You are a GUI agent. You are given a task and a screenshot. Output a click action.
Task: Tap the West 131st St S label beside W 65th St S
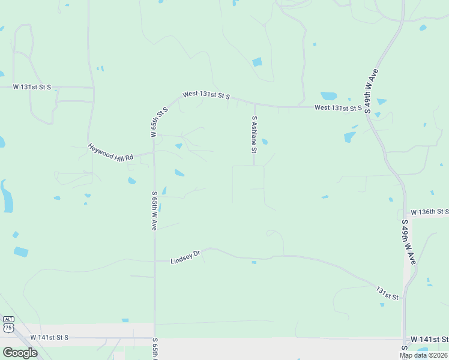(206, 95)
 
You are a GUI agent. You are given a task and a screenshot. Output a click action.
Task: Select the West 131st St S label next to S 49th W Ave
(338, 108)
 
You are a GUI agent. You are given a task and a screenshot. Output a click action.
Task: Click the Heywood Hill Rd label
(112, 152)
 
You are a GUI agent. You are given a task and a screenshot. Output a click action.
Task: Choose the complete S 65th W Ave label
(154, 211)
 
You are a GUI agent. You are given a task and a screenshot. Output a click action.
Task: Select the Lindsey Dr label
(185, 258)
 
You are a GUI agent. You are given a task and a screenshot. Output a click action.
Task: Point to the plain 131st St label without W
(387, 293)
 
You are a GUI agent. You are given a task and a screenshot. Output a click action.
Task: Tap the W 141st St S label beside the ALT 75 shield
(49, 338)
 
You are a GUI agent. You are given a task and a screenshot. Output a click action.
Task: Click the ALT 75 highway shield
(8, 325)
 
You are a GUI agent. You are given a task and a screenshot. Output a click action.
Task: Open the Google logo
(19, 352)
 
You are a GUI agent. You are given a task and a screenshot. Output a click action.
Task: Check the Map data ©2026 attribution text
(423, 355)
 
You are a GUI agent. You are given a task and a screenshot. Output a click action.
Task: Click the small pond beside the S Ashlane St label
(265, 142)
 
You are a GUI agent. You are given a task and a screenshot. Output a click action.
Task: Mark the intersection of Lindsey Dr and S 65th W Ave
(155, 261)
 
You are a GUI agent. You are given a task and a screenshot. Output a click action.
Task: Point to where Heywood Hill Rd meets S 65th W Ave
(154, 152)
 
